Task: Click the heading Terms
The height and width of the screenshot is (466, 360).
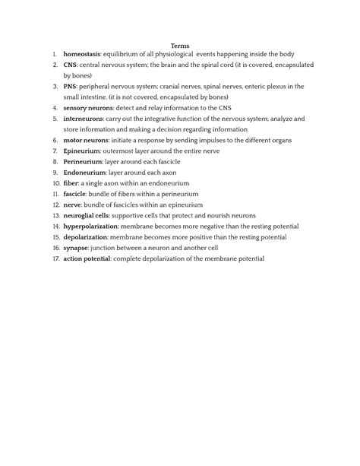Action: click(x=180, y=46)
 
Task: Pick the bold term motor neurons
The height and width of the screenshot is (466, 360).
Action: click(x=86, y=141)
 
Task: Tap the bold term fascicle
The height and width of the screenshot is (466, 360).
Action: click(x=76, y=194)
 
